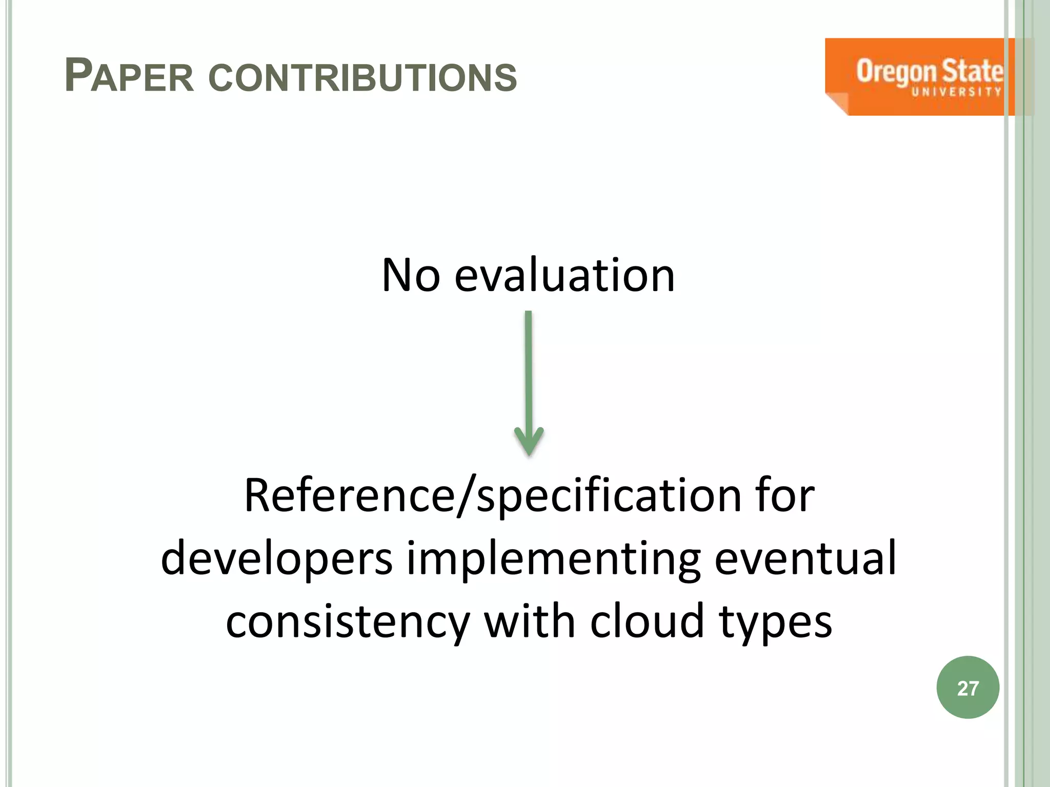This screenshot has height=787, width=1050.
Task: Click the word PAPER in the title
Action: (x=130, y=77)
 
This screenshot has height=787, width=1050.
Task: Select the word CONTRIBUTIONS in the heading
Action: (x=363, y=78)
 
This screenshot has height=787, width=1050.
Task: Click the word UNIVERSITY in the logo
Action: (x=956, y=92)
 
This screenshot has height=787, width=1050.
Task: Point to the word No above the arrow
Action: (x=411, y=276)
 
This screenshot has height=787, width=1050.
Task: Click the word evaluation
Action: (x=564, y=276)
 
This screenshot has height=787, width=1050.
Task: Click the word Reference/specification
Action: (x=493, y=496)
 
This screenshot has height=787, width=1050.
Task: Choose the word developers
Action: (x=277, y=558)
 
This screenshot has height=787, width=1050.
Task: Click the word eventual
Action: (x=805, y=558)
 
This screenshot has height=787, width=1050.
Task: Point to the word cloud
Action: (x=647, y=621)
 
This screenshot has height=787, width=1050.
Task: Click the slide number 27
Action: (x=967, y=688)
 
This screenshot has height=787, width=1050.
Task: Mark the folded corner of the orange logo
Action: (x=837, y=105)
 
